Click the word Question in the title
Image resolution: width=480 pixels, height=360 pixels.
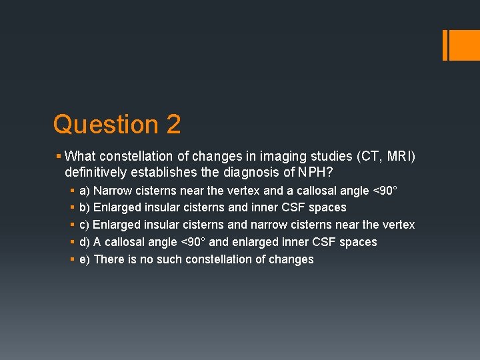97,125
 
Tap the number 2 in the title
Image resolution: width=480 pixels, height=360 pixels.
173,125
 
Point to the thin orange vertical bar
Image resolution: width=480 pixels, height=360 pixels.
445,45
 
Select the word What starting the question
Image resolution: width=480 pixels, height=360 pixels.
80,156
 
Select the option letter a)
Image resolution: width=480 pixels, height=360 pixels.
85,191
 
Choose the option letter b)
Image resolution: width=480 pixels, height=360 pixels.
85,208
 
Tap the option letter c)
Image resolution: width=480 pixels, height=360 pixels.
85,225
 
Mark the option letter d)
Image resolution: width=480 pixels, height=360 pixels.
85,242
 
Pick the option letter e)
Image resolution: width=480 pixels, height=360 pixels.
85,259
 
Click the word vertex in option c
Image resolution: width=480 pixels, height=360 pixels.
398,225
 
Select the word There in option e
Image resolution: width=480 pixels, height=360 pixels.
108,259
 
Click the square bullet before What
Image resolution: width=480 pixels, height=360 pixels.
59,156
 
